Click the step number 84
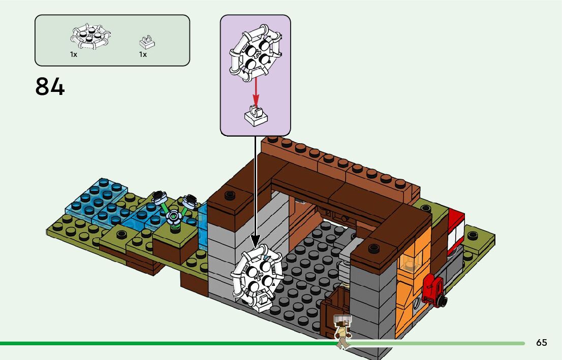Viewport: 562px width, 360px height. [50, 87]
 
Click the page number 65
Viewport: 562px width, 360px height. [542, 343]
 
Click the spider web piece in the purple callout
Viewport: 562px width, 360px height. [255, 51]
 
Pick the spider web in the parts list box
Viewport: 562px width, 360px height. [90, 37]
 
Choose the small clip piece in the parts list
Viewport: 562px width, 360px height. [146, 42]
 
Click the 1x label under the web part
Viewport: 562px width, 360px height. [74, 54]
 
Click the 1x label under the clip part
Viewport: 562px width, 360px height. [143, 54]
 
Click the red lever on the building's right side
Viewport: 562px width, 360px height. [432, 291]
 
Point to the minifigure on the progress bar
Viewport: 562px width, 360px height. [342, 331]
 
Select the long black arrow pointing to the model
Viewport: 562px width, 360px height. [256, 188]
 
